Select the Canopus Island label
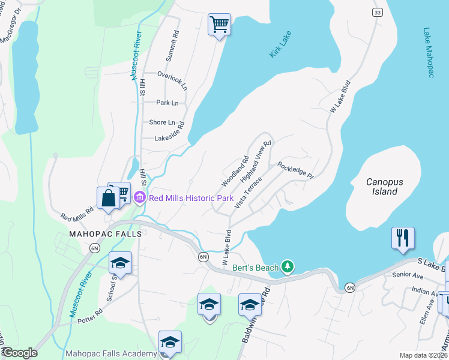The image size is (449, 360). pyautogui.click(x=382, y=186)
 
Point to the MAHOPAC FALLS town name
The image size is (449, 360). pyautogui.click(x=106, y=233)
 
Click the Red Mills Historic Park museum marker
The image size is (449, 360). pyautogui.click(x=139, y=197)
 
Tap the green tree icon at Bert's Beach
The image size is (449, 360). pyautogui.click(x=288, y=266)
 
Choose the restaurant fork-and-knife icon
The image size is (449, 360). pyautogui.click(x=402, y=238)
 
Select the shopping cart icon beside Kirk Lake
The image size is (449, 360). pyautogui.click(x=219, y=25)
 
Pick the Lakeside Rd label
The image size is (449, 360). pyautogui.click(x=169, y=138)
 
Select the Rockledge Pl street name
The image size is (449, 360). pyautogui.click(x=295, y=170)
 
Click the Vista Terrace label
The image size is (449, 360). pyautogui.click(x=249, y=193)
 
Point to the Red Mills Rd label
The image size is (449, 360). pyautogui.click(x=77, y=214)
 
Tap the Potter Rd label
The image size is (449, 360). pyautogui.click(x=90, y=316)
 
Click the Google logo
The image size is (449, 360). pyautogui.click(x=19, y=353)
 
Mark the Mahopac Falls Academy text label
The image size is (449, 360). pyautogui.click(x=110, y=354)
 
